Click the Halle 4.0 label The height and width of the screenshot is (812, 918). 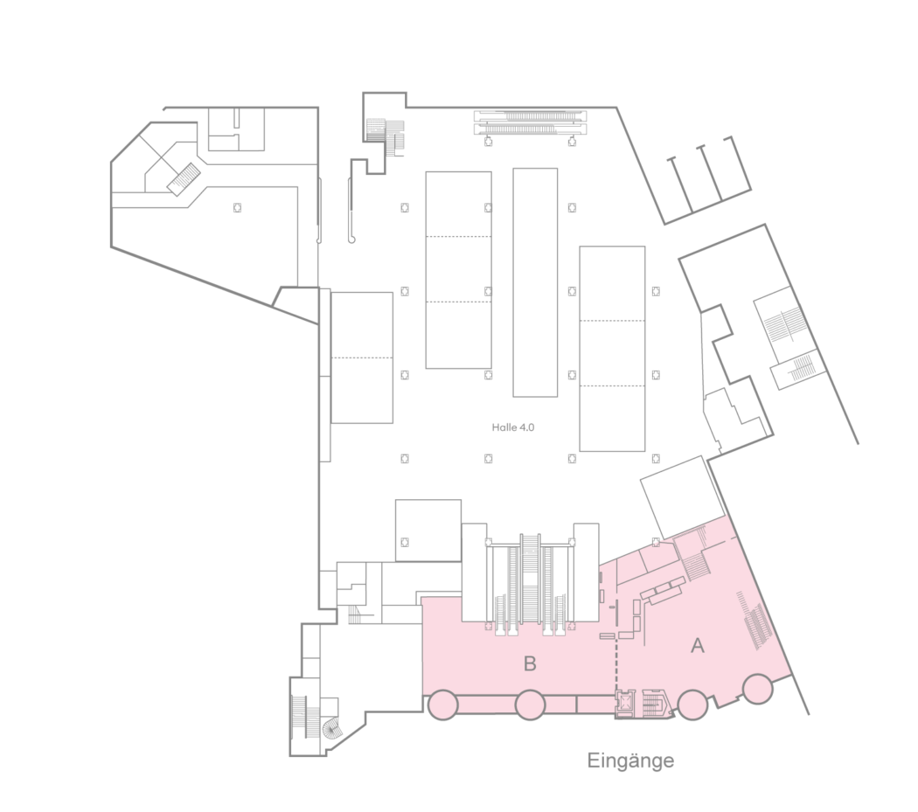[x=513, y=427]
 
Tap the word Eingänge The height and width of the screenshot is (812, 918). [x=630, y=760]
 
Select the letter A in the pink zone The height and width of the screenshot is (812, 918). [x=698, y=645]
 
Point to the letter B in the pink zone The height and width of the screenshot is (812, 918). [x=530, y=663]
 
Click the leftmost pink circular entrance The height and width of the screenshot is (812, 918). [x=442, y=704]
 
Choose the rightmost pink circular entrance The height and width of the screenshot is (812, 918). [x=758, y=689]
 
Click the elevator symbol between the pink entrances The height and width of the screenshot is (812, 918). [x=626, y=700]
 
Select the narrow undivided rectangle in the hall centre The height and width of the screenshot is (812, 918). [x=535, y=282]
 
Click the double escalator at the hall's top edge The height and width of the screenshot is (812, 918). [x=530, y=121]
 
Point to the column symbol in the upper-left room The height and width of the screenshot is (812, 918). [x=237, y=207]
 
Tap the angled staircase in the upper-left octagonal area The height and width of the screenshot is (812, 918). [x=184, y=178]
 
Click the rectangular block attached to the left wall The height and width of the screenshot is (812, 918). [x=362, y=357]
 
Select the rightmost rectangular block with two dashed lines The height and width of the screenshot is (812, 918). [x=612, y=349]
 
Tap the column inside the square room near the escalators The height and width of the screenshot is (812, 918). [x=404, y=542]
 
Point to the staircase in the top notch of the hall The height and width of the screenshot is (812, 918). [x=385, y=134]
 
